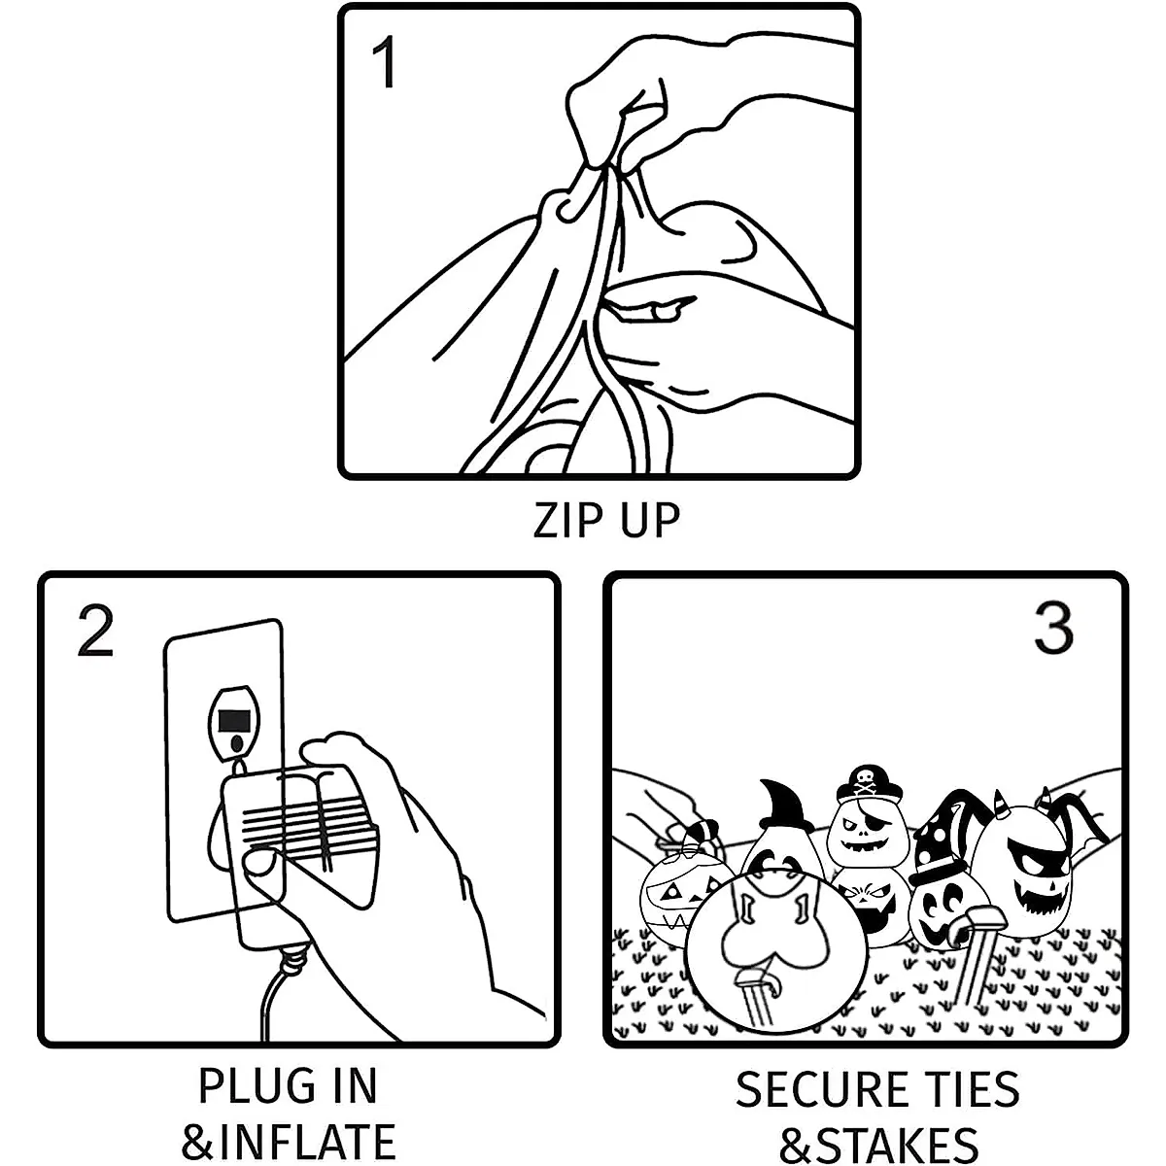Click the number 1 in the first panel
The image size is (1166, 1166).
coord(385,63)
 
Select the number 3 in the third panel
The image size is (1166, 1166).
coord(1052,629)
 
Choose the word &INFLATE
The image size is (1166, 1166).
coord(289,1143)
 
